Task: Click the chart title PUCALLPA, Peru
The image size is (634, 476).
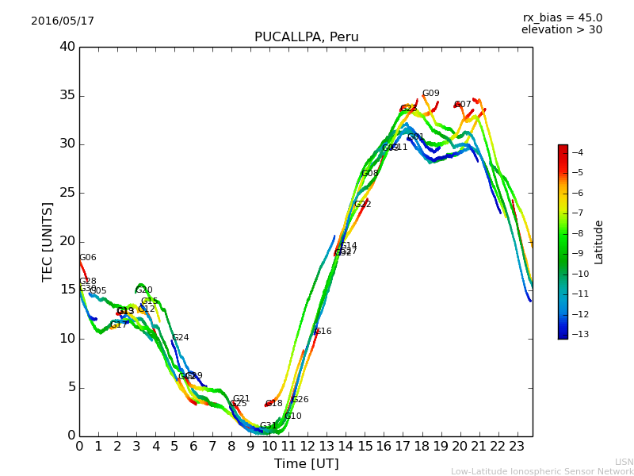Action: (306, 37)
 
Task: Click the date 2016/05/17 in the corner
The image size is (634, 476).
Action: (63, 21)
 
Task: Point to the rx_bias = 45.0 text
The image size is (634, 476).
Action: (562, 17)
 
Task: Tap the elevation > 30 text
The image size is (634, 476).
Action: (561, 30)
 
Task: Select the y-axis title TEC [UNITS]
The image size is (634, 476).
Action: (48, 241)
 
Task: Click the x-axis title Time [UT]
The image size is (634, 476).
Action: (306, 464)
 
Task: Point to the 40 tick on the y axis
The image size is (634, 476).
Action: (67, 47)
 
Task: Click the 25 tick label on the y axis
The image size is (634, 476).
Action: (67, 193)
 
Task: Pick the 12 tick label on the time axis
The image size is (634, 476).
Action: (307, 446)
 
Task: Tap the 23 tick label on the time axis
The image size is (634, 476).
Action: (517, 446)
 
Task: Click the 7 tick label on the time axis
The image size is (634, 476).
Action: (212, 446)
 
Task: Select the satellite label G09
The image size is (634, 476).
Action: (430, 94)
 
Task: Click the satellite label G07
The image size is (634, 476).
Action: (463, 105)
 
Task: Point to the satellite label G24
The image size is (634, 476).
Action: (181, 338)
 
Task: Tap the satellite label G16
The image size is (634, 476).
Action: (323, 332)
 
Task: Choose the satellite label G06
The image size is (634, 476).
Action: (87, 258)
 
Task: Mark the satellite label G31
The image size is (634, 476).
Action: (269, 426)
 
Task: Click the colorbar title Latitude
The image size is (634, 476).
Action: (599, 242)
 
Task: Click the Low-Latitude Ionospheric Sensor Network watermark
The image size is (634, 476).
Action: (542, 472)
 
